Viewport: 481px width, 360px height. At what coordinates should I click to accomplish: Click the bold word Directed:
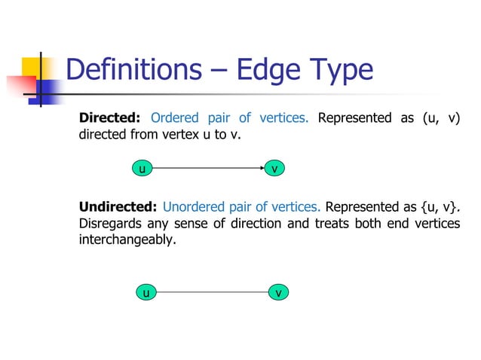click(110, 118)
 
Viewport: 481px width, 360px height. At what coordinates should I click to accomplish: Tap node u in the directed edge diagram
click(140, 169)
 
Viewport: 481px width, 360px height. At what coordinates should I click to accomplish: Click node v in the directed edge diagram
click(276, 169)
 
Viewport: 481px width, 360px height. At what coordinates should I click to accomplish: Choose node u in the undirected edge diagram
click(146, 292)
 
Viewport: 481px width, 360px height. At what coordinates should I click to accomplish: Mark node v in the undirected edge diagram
click(279, 292)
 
